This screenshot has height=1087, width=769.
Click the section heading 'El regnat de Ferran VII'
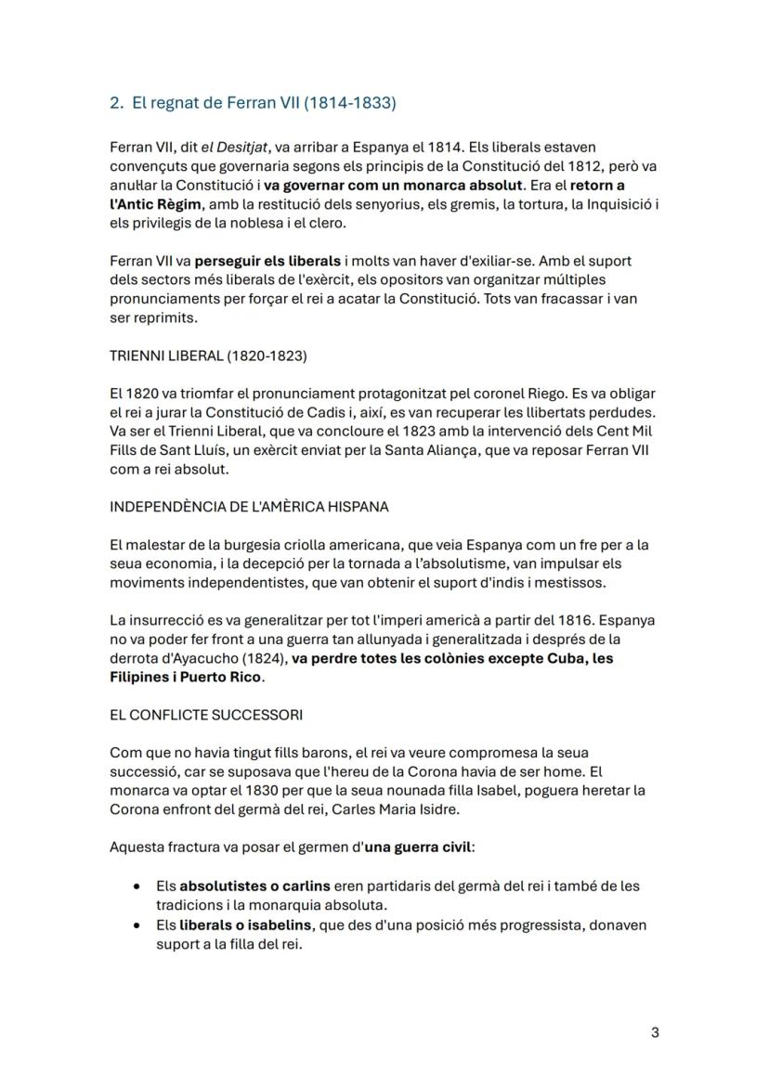point(264,103)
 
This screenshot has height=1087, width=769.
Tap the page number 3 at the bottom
point(655,1032)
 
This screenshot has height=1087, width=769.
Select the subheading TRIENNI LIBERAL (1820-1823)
point(208,356)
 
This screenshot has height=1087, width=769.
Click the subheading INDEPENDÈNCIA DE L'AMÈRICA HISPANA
point(249,507)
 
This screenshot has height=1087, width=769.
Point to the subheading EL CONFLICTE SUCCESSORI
point(205,716)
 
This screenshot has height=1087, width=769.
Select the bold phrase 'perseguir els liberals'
point(267,262)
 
